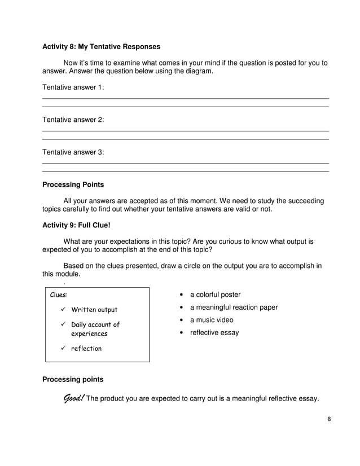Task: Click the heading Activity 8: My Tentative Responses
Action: coord(101,46)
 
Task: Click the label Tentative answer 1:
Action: coord(73,87)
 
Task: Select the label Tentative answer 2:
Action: coord(73,120)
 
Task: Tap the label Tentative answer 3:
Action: coord(73,152)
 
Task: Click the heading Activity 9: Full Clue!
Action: coord(76,226)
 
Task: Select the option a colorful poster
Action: coord(215,294)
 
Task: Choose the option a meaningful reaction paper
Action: coord(234,307)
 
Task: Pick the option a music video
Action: coord(212,320)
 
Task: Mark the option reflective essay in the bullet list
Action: coord(214,333)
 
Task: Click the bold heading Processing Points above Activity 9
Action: coord(73,184)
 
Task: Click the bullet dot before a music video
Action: coord(180,320)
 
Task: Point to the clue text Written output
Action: coord(94,310)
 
